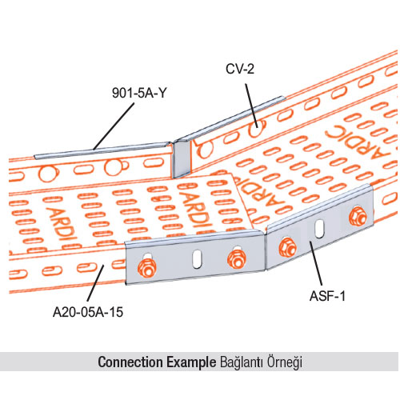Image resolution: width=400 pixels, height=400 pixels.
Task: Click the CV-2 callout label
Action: [x=240, y=69]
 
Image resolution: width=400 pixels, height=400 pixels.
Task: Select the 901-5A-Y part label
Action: [x=139, y=93]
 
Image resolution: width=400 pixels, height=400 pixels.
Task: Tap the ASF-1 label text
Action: [x=327, y=296]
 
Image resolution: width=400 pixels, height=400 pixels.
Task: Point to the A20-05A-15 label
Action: [x=88, y=312]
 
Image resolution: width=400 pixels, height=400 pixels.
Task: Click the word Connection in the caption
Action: [x=130, y=362]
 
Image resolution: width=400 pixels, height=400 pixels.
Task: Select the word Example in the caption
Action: [x=191, y=362]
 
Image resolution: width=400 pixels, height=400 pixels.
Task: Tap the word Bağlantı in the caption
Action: [x=242, y=362]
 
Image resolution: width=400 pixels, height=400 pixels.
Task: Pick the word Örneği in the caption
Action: [x=285, y=362]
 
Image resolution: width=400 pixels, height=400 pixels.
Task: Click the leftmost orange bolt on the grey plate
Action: [x=147, y=267]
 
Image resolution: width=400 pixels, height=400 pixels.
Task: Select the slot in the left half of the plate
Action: [x=197, y=258]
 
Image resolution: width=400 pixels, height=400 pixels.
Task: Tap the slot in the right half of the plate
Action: [x=319, y=229]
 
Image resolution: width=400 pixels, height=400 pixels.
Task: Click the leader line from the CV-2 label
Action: [x=251, y=105]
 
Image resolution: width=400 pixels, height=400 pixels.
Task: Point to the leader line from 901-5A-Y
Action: [x=114, y=126]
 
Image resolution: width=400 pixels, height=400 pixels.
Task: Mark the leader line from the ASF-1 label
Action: [x=316, y=263]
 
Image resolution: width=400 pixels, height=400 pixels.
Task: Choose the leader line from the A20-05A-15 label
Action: [x=95, y=283]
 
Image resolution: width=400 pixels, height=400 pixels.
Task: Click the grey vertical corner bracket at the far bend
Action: [x=182, y=159]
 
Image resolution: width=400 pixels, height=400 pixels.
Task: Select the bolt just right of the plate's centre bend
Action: [x=287, y=248]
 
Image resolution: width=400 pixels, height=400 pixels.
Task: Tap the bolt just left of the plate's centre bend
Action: [x=237, y=258]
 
